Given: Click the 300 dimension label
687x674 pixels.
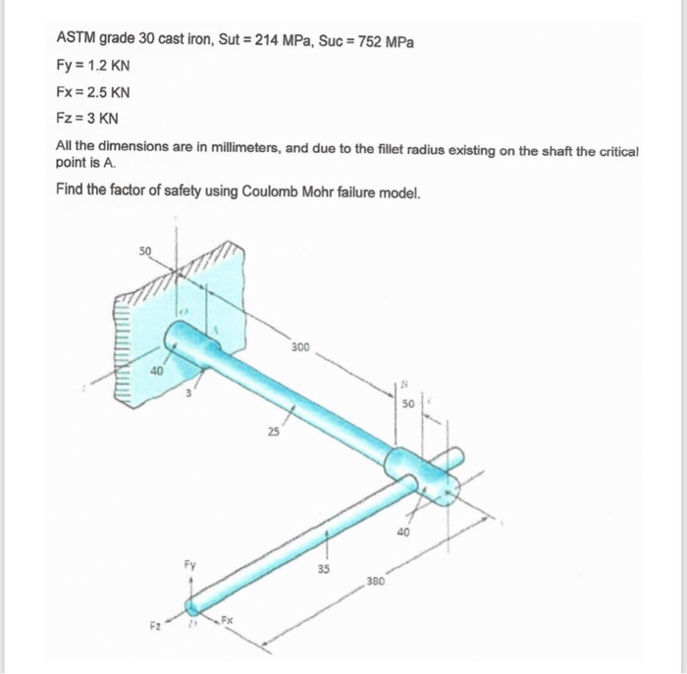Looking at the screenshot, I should click(x=302, y=347).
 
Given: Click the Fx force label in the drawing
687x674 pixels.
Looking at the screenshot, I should click(x=226, y=620).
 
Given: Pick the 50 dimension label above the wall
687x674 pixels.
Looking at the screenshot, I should click(x=145, y=251).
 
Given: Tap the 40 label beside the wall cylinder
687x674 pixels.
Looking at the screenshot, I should click(x=155, y=370).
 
